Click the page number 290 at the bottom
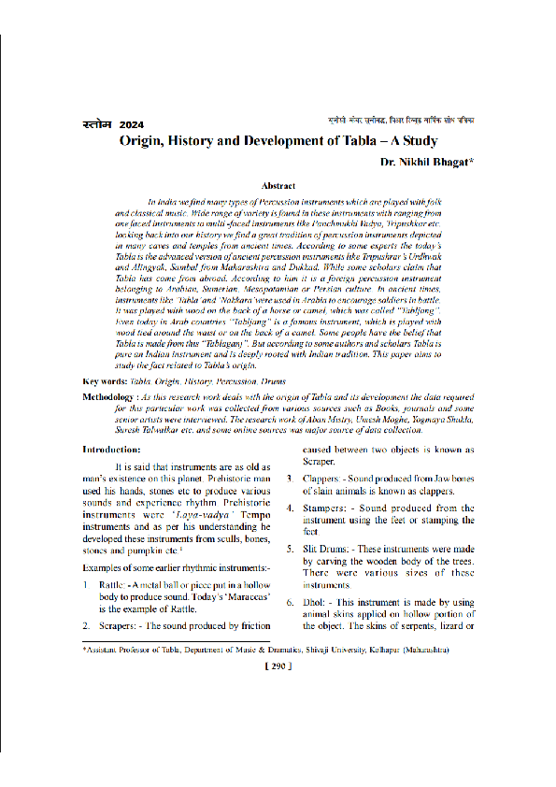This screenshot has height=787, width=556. [x=278, y=665]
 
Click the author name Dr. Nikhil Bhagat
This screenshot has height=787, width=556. [x=427, y=163]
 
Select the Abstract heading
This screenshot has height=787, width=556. [x=278, y=187]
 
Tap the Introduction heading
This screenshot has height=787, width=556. [x=111, y=449]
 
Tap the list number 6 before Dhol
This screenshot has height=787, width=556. [x=290, y=603]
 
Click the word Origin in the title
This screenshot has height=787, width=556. [x=142, y=142]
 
